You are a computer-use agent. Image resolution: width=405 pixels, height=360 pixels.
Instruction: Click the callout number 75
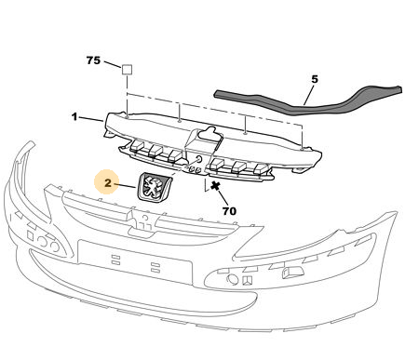[x=93, y=60]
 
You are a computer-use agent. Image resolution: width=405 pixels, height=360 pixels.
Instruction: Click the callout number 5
[x=315, y=79]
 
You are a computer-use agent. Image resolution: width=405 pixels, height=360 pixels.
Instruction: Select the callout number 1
[x=74, y=117]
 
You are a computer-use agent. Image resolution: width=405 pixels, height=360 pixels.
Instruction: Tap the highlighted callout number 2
[x=107, y=183]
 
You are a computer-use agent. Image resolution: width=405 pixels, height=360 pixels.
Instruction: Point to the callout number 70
[x=229, y=211]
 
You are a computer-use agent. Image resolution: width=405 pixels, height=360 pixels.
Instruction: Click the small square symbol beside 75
[x=127, y=69]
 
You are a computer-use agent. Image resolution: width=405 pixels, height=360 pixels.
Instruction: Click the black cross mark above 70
[x=215, y=186]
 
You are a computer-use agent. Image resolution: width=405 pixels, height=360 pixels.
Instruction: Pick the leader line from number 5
[x=309, y=94]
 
